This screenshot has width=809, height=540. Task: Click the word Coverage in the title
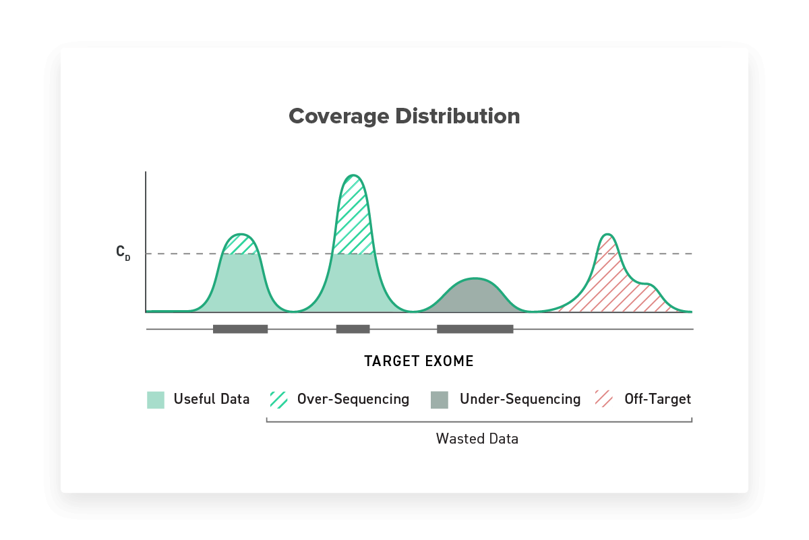tap(338, 117)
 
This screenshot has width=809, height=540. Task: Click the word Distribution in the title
tap(458, 116)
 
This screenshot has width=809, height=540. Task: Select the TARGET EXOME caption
tap(419, 361)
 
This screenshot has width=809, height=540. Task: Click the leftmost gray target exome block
tap(240, 329)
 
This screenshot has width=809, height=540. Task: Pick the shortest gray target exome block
tap(353, 329)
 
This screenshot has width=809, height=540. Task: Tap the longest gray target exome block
tap(475, 329)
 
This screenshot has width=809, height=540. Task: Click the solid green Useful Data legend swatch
tap(156, 400)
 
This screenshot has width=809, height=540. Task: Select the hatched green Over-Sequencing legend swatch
tap(279, 400)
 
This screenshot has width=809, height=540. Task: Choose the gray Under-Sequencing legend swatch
tap(440, 400)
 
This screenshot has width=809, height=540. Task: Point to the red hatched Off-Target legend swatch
tap(604, 399)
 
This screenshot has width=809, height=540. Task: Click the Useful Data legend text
tap(212, 399)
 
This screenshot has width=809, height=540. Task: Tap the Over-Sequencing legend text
tap(353, 400)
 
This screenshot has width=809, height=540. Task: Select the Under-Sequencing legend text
tap(520, 400)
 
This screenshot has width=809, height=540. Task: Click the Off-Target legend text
tap(658, 399)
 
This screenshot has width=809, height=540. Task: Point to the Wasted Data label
tap(477, 439)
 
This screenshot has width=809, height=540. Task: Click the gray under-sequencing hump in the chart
tap(475, 296)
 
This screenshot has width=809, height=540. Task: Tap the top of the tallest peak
tap(353, 175)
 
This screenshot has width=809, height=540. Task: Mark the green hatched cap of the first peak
tap(241, 244)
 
